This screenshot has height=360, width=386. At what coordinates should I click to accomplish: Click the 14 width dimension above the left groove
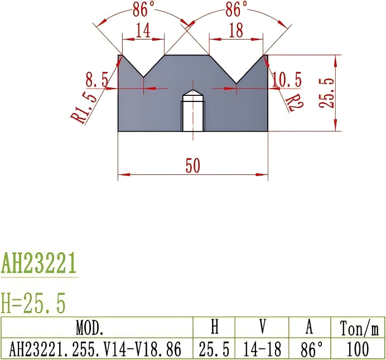(x=143, y=31)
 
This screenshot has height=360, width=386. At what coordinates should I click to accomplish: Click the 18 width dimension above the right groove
(x=236, y=31)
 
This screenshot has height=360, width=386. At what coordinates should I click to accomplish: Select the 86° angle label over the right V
(x=237, y=9)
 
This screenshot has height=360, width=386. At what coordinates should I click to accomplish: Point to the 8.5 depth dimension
(x=97, y=80)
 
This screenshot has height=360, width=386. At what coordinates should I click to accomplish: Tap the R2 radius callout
(x=293, y=102)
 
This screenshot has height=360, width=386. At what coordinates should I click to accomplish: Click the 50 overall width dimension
(x=192, y=166)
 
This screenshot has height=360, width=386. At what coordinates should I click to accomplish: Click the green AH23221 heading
(x=38, y=264)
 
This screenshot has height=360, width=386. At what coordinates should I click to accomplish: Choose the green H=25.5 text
(x=33, y=304)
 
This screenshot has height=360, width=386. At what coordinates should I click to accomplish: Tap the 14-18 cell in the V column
(x=261, y=349)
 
